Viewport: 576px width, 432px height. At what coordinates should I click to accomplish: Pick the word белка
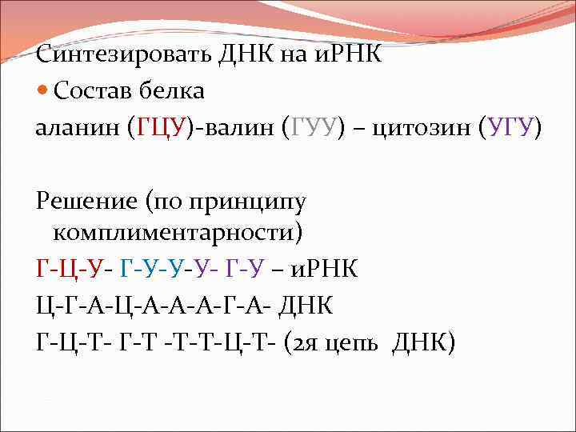point(176,91)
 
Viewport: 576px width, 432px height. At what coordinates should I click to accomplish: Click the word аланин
point(78,127)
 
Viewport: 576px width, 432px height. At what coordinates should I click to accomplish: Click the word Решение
point(86,199)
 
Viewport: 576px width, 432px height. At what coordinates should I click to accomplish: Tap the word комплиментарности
point(178,233)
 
